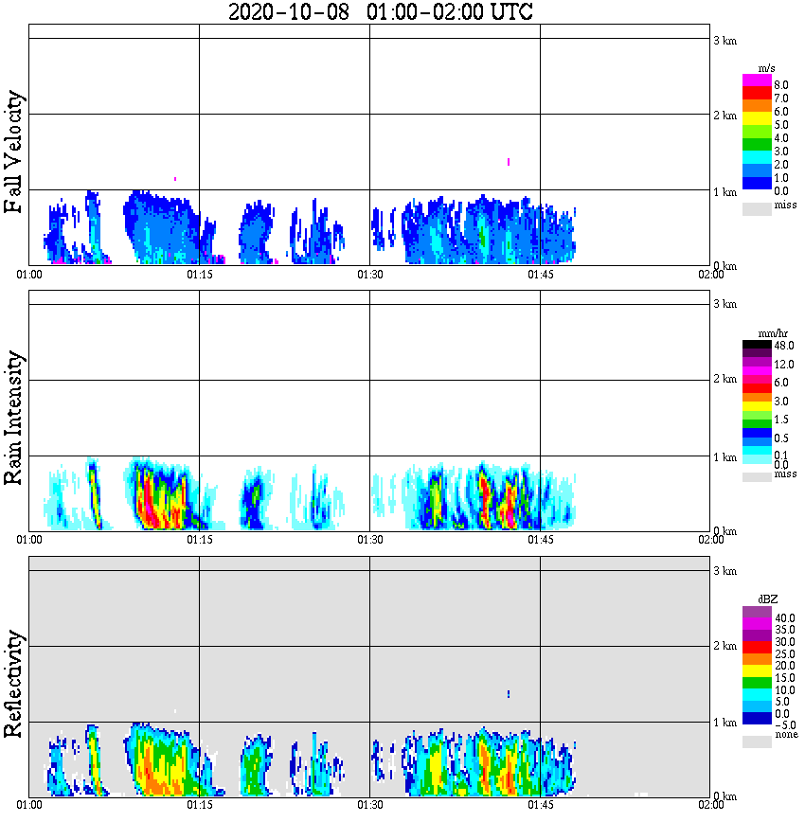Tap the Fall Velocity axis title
coord(14,153)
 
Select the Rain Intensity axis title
coord(14,418)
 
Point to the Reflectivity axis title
coord(14,687)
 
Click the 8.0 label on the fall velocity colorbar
coord(781,84)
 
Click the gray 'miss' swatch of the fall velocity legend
coord(757,208)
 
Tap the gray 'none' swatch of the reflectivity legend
coord(757,742)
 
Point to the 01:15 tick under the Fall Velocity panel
coord(199,275)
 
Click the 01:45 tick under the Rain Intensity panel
coord(540,540)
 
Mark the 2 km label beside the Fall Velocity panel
coord(724,116)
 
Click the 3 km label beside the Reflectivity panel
coord(724,571)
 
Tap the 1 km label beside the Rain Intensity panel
coord(724,457)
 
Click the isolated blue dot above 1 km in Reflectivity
coord(509,694)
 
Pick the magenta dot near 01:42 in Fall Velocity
coord(509,162)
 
